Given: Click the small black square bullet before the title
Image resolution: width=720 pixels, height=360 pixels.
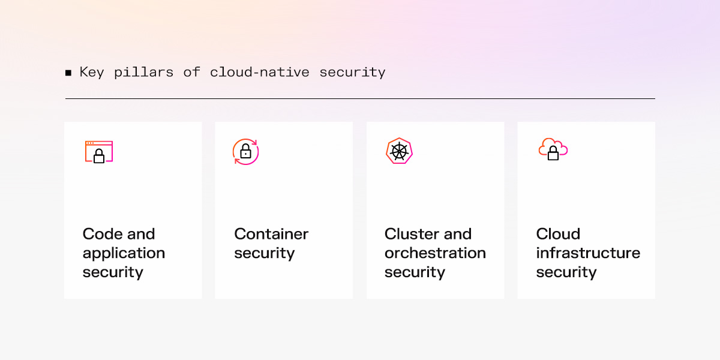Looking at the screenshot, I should [68, 73].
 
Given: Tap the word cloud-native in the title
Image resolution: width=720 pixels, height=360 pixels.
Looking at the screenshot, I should [260, 73].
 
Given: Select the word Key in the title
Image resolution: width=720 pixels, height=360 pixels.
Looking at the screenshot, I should [91, 73].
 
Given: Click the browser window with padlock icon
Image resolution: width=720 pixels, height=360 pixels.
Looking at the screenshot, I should [99, 152].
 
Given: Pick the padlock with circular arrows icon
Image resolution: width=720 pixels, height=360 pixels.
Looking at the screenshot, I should [245, 151].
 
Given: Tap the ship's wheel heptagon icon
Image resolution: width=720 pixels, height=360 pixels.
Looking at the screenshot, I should [399, 151].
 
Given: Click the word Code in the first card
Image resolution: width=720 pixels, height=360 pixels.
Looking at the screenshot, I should [102, 234].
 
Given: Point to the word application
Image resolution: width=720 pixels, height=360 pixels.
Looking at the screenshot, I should [124, 253].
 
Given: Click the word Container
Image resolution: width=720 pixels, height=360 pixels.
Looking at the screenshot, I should [271, 234].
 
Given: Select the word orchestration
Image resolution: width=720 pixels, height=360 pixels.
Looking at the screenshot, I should [435, 253].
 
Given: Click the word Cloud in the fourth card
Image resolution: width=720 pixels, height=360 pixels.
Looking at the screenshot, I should [558, 234].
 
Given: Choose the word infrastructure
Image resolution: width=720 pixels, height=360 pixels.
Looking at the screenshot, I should [588, 253].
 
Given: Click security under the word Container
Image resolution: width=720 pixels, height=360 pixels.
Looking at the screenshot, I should [264, 253].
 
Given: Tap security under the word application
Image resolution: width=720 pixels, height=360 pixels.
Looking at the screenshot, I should [113, 272].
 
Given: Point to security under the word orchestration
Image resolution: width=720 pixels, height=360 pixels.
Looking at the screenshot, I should [415, 272].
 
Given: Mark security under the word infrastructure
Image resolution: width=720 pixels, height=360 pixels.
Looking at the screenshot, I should [566, 272].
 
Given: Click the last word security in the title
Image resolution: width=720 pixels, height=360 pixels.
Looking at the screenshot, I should [352, 73].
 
